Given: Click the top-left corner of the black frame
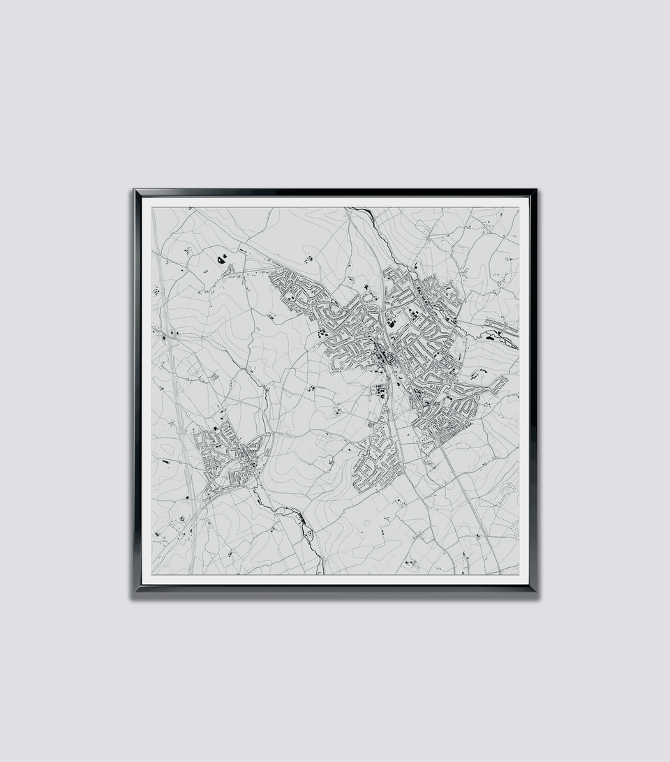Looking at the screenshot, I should pos(135,190).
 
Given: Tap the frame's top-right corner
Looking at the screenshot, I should pos(535,190).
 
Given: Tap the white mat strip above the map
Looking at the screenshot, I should pos(335,202).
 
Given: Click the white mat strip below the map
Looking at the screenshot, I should pos(335,579).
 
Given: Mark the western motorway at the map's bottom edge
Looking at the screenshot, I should pos(191,571).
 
